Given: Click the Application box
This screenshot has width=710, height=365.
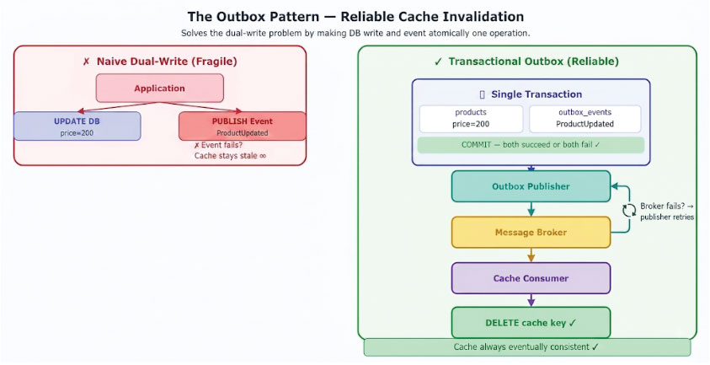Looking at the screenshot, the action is (x=159, y=88).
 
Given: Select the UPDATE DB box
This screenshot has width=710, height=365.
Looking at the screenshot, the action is (x=77, y=126).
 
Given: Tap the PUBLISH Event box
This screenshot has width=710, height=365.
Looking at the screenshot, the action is (x=243, y=126).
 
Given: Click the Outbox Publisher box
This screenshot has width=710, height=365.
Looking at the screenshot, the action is (x=531, y=186).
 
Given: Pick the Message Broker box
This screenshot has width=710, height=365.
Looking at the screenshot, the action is (x=531, y=233).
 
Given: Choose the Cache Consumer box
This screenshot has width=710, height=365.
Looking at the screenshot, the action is (x=531, y=278).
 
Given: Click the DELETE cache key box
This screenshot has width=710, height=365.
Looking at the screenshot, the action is (x=531, y=323).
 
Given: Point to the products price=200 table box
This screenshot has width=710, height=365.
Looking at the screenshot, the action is (x=471, y=119).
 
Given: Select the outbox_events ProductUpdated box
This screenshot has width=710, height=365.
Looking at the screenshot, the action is (x=585, y=119).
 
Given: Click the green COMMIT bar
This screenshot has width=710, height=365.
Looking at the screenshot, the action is (x=531, y=145).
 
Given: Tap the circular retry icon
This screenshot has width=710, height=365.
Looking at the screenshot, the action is (x=629, y=211).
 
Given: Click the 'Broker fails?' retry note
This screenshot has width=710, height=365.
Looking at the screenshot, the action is (x=667, y=212).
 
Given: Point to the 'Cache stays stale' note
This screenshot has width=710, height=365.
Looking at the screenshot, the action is (x=230, y=155).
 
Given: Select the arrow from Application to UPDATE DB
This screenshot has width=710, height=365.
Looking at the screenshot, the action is (x=119, y=107).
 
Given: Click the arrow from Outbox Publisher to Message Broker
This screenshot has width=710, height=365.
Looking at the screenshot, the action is (x=531, y=209).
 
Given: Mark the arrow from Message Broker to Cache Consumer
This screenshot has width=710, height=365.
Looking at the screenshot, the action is (x=531, y=255).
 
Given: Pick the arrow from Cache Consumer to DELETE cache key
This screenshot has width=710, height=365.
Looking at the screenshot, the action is (x=531, y=300).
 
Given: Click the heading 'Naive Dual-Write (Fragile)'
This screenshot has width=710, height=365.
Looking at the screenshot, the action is (x=167, y=62).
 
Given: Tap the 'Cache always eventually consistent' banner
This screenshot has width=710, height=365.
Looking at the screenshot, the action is (x=527, y=347).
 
